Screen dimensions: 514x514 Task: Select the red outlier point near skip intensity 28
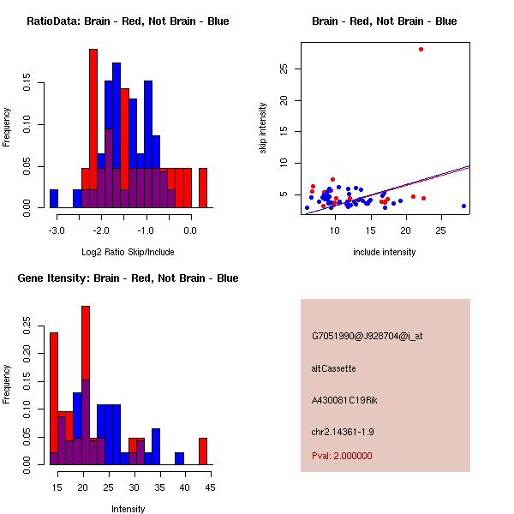pyautogui.click(x=421, y=49)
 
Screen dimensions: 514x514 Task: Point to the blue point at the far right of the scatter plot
pyautogui.click(x=463, y=206)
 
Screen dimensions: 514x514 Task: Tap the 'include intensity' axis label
pyautogui.click(x=385, y=252)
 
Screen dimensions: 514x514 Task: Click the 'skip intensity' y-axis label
pyautogui.click(x=264, y=128)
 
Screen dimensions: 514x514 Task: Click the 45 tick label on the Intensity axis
pyautogui.click(x=209, y=487)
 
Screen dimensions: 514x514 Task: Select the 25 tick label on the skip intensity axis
pyautogui.click(x=283, y=69)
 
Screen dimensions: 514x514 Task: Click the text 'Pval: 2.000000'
pyautogui.click(x=342, y=456)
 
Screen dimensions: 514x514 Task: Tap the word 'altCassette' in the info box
pyautogui.click(x=334, y=368)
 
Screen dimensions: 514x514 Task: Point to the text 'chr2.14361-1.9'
pyautogui.click(x=341, y=431)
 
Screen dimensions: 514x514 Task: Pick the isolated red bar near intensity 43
pyautogui.click(x=204, y=451)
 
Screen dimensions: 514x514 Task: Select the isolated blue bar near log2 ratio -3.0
pyautogui.click(x=53, y=199)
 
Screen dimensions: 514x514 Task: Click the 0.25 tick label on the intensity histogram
pyautogui.click(x=31, y=326)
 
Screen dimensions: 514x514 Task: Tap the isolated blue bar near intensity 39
pyautogui.click(x=180, y=458)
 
